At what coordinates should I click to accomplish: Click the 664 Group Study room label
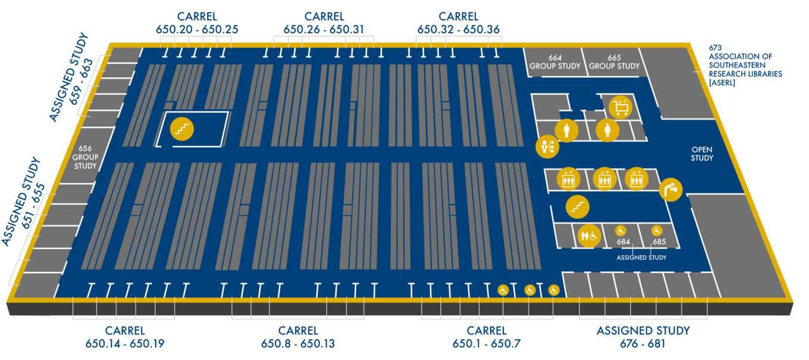pos(554,62)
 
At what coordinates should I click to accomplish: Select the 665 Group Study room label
pos(614,62)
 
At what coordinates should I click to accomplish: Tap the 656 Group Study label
pos(85,157)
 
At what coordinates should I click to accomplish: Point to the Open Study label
pos(702,154)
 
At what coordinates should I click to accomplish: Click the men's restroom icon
pos(566,130)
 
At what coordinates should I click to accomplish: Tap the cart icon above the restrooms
pos(620,107)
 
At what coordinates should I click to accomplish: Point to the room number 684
pos(623,242)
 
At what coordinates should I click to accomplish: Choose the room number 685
pos(659,242)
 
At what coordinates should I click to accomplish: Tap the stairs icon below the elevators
pos(577,206)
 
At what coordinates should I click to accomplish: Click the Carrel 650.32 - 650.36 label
pos(458,23)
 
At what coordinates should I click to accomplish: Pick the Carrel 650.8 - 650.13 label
pos(298,337)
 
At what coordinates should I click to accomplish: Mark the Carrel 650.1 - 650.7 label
pos(486,337)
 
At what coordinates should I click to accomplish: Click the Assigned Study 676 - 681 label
pos(643,337)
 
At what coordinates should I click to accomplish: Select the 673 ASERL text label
pos(745,65)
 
